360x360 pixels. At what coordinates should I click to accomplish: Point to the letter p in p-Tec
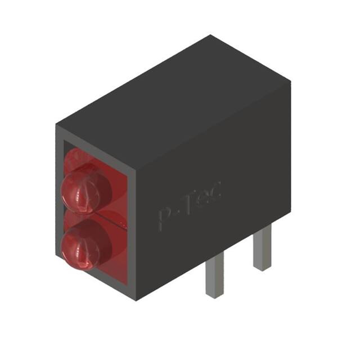click(164, 218)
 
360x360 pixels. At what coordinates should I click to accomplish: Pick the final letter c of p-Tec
click(215, 191)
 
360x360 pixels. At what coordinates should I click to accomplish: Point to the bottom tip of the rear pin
click(261, 268)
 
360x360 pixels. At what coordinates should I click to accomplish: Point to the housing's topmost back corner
click(211, 35)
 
